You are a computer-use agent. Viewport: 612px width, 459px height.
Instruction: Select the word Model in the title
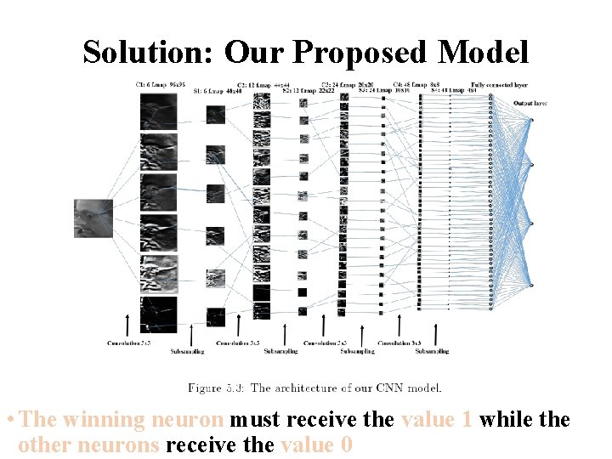(x=483, y=53)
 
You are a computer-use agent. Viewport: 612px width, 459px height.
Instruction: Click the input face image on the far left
(x=93, y=218)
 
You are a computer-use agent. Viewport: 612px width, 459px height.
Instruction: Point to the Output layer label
(x=530, y=103)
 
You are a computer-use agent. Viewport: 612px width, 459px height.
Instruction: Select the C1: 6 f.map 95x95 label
(x=161, y=85)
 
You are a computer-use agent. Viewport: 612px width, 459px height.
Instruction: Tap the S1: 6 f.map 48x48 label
(x=213, y=91)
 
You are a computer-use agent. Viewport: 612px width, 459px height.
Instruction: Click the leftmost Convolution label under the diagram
(x=129, y=343)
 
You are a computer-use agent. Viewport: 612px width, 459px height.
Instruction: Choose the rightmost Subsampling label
(x=432, y=350)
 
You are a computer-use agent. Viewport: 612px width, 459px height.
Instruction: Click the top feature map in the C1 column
(x=159, y=110)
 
